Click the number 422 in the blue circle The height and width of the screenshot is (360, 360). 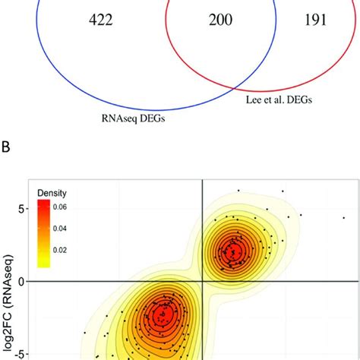click(x=101, y=20)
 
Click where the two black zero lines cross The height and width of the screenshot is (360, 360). click(x=202, y=281)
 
